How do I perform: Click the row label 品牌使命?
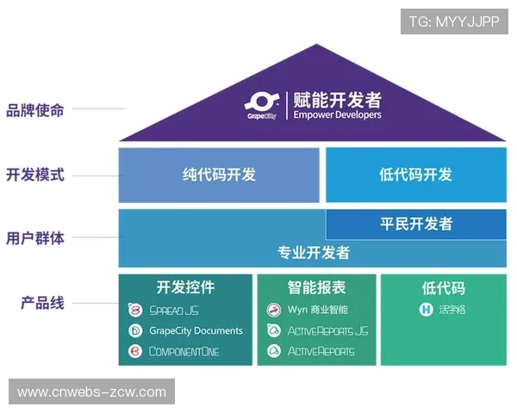(x=35, y=110)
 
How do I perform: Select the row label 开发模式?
(x=35, y=175)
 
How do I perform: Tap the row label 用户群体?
(x=35, y=238)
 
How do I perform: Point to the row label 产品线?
(x=42, y=303)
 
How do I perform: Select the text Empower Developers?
(x=337, y=114)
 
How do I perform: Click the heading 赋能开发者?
(x=337, y=99)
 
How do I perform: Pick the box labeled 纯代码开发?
(x=219, y=175)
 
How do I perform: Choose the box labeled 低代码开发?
(x=415, y=175)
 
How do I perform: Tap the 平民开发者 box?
(x=415, y=224)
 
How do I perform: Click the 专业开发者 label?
(x=313, y=253)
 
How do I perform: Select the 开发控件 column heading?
(x=185, y=287)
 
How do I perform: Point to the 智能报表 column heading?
(x=316, y=287)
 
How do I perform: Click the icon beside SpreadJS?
(x=135, y=310)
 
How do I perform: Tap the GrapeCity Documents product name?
(x=196, y=330)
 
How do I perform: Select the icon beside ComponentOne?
(x=135, y=351)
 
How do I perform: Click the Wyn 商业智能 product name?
(x=318, y=310)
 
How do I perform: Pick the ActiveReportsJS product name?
(x=327, y=330)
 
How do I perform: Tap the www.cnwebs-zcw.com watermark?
(x=91, y=392)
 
